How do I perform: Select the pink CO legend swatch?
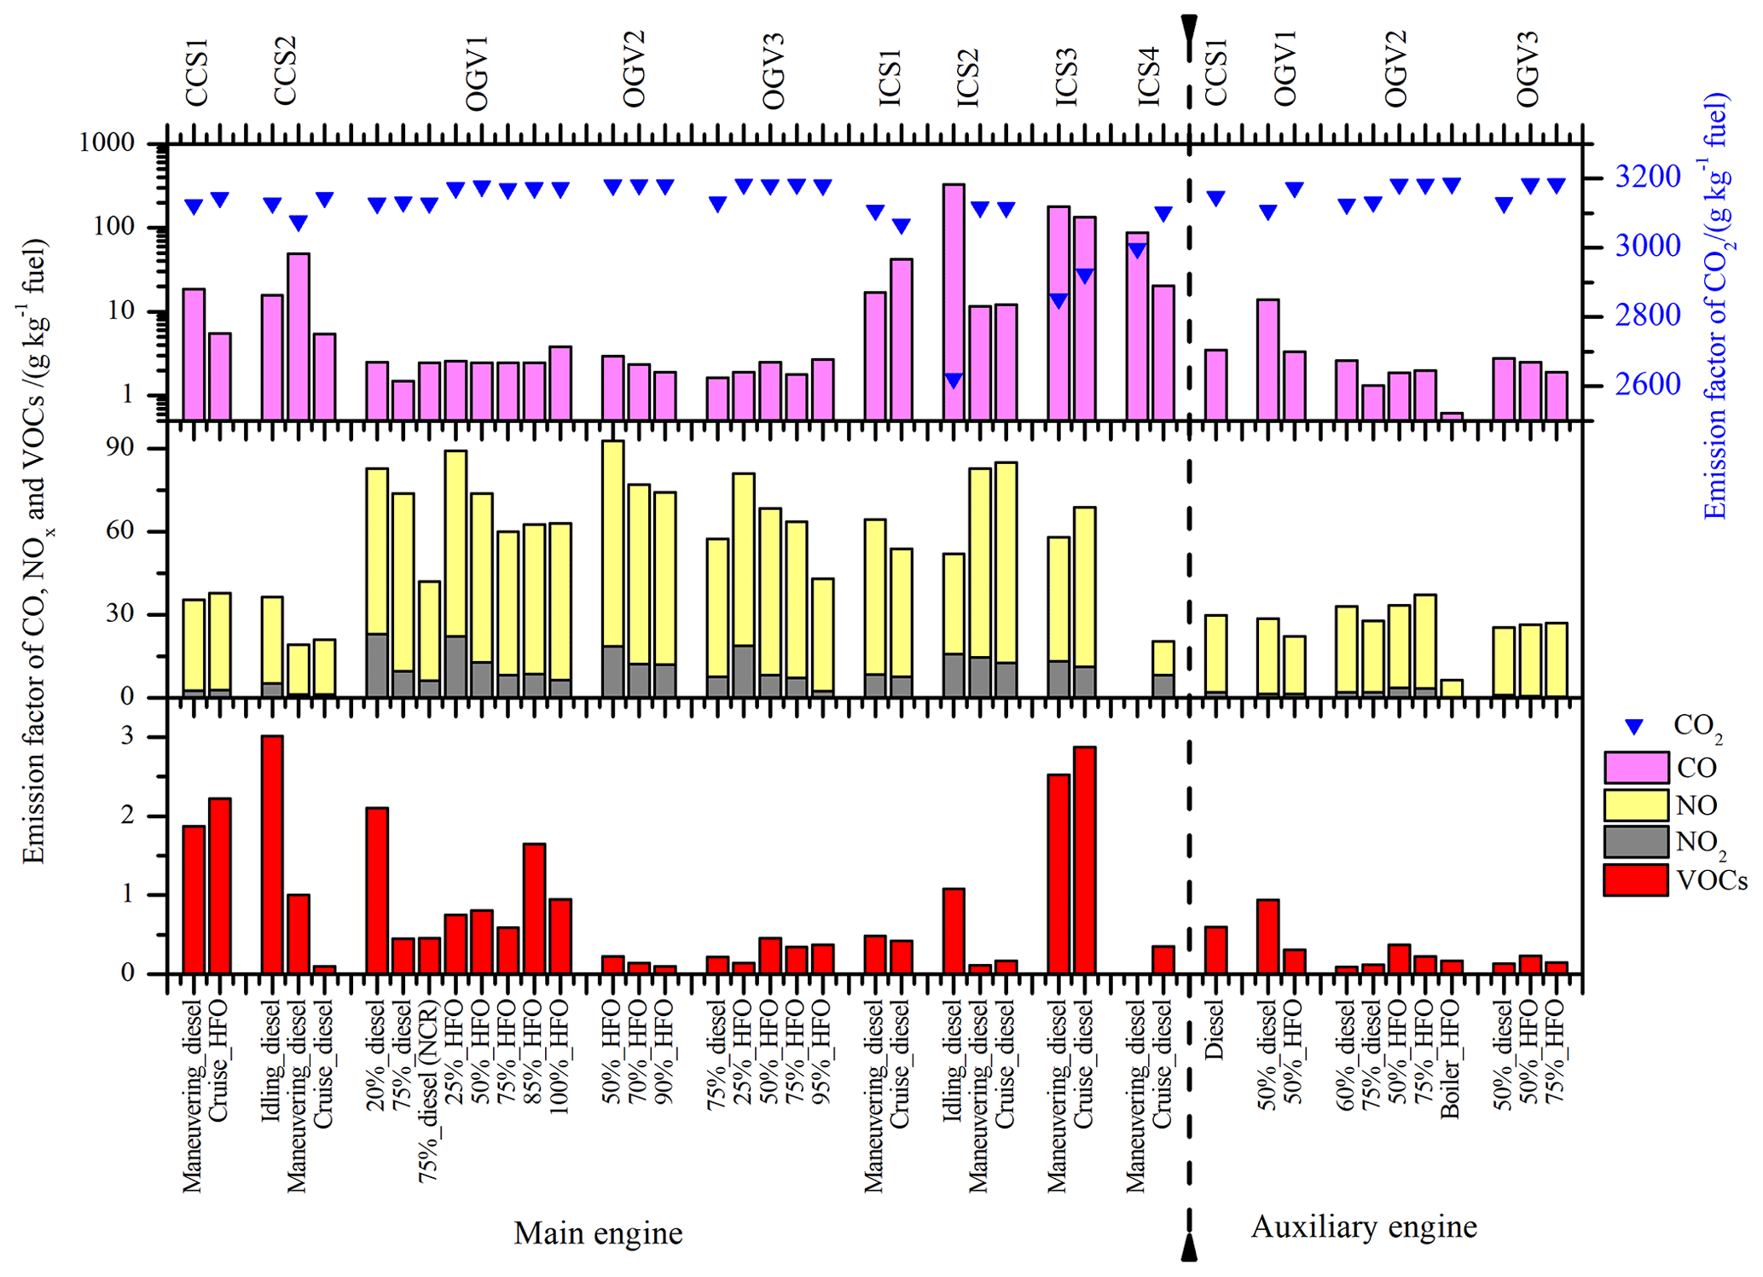click(x=1635, y=768)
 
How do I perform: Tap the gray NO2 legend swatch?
click(x=1635, y=842)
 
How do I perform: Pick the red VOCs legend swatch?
click(x=1635, y=880)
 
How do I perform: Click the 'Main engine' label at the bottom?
click(x=598, y=1233)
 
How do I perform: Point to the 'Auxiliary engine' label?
click(x=1363, y=1228)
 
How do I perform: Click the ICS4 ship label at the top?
click(x=1149, y=77)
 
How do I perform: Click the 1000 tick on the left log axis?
click(x=107, y=142)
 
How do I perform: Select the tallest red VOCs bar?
click(x=272, y=854)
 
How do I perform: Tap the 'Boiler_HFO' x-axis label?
click(x=1451, y=1059)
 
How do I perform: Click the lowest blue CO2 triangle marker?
click(x=954, y=380)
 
